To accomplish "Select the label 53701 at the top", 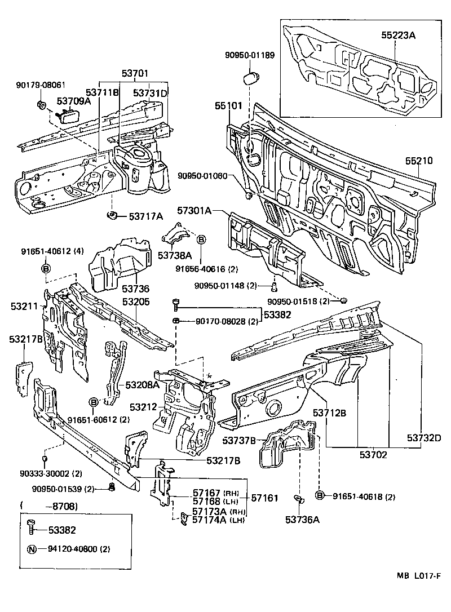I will click(134, 73).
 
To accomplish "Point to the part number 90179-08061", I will click(41, 85).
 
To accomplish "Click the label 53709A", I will click(73, 101).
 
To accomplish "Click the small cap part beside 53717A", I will click(112, 215).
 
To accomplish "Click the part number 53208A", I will click(142, 384).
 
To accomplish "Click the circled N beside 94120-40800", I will click(33, 548).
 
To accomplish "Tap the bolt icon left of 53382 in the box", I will click(32, 529).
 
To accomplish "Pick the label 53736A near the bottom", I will click(302, 520).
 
